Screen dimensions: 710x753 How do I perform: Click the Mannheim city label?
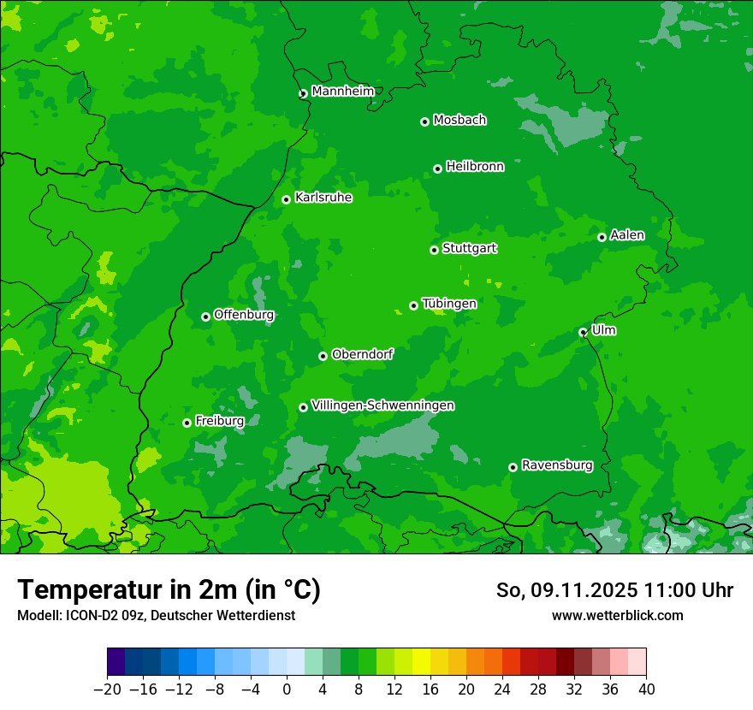(342, 91)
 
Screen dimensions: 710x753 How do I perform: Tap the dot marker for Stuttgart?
(434, 250)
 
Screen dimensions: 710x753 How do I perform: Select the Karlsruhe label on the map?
(323, 197)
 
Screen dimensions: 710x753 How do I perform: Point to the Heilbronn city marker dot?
(437, 169)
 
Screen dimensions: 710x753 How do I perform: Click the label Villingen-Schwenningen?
(382, 405)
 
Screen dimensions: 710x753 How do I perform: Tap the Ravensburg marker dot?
(513, 467)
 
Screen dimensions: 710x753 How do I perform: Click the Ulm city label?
(603, 329)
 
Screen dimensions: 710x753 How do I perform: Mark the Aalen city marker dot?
(602, 237)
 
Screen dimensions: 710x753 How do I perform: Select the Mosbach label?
(460, 120)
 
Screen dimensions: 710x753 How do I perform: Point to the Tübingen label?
(449, 303)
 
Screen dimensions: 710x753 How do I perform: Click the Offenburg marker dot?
(205, 317)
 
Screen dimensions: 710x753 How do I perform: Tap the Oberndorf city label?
(362, 353)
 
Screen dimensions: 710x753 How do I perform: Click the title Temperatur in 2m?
(169, 589)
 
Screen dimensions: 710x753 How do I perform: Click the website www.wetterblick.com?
(617, 615)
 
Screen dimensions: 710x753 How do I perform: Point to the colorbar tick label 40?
(646, 689)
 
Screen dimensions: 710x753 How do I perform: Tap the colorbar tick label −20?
(107, 689)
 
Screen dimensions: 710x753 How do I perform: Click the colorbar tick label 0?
(287, 689)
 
